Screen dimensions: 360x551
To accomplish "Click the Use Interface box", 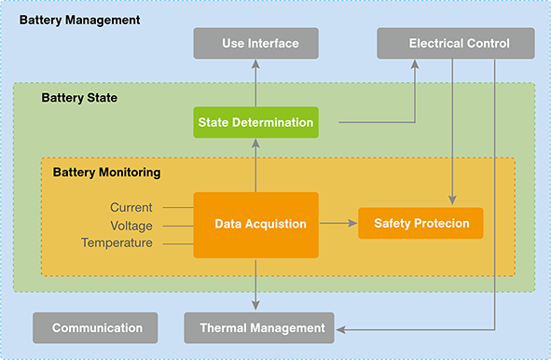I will click(x=256, y=43).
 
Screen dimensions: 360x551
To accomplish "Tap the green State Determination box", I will click(x=256, y=122).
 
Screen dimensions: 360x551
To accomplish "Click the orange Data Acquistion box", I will click(x=256, y=225).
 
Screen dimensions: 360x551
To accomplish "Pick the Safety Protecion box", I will click(x=420, y=224).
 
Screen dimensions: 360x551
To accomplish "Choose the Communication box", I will click(x=96, y=327).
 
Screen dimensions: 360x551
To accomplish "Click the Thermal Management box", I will click(x=255, y=327).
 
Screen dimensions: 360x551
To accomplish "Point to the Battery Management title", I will click(x=79, y=20).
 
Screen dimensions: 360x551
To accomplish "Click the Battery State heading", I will click(x=80, y=97).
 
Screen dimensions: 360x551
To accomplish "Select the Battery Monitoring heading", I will click(x=106, y=173).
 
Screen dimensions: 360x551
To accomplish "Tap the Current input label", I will click(x=131, y=207).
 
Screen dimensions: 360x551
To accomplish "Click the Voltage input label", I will click(x=131, y=225).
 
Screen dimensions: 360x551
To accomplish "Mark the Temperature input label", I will click(x=117, y=242).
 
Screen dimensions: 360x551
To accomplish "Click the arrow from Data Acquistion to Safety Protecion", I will click(x=338, y=224).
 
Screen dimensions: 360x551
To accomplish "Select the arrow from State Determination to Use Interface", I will click(x=256, y=84).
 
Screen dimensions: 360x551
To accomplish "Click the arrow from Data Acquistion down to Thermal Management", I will click(x=256, y=284).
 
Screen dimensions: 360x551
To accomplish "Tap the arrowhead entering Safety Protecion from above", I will click(x=453, y=201).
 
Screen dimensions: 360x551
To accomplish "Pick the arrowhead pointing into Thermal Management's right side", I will click(x=340, y=328).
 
